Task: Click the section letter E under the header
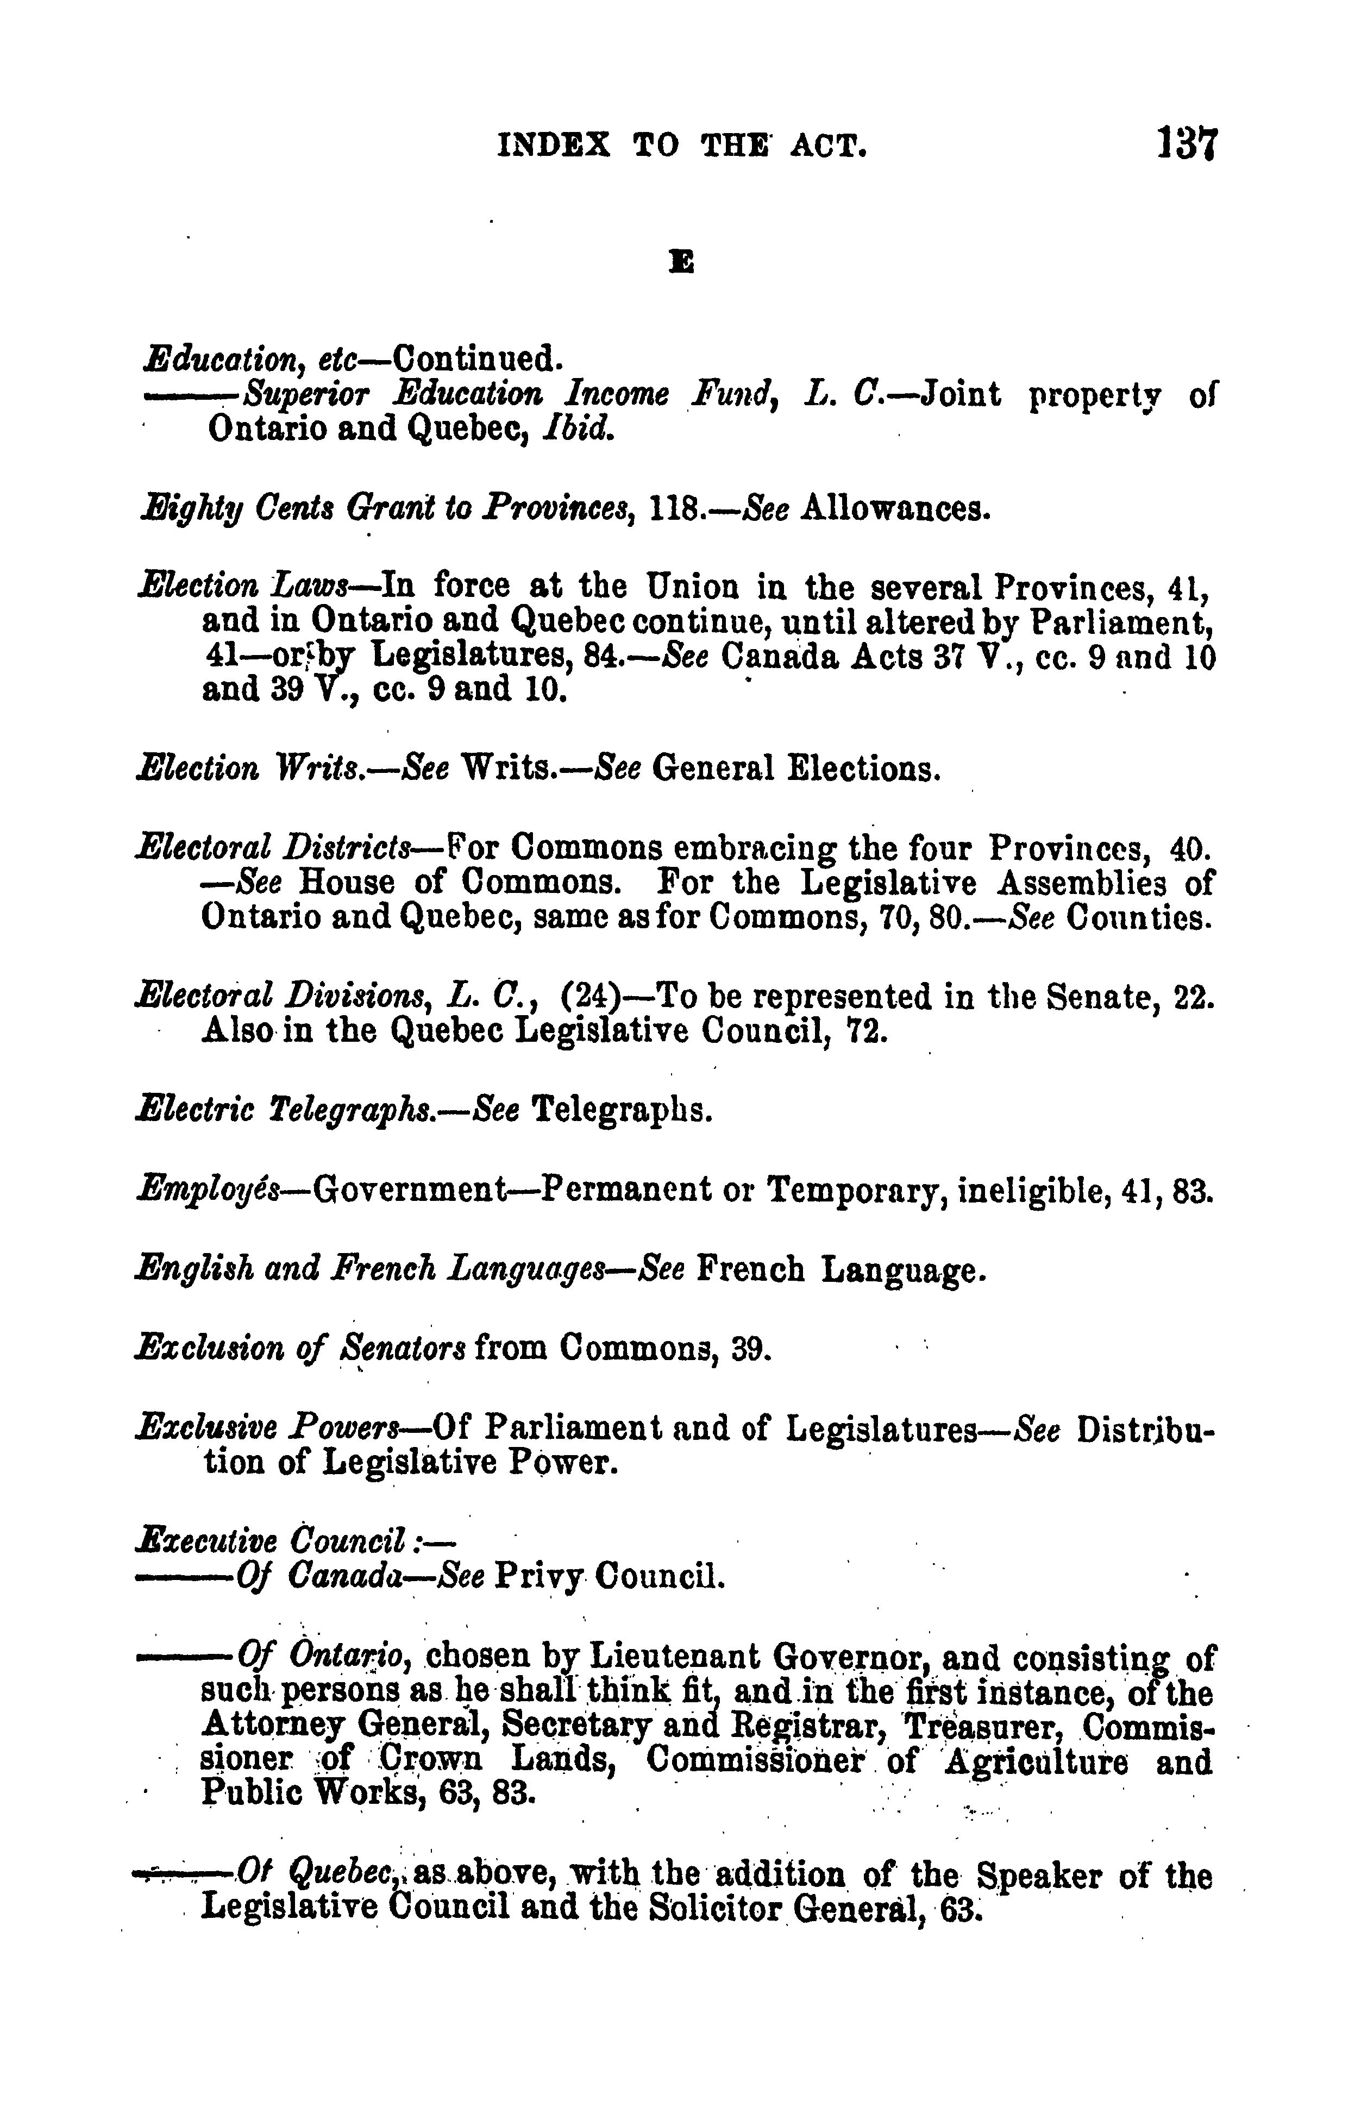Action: coord(681,261)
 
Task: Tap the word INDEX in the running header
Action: coord(554,145)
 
